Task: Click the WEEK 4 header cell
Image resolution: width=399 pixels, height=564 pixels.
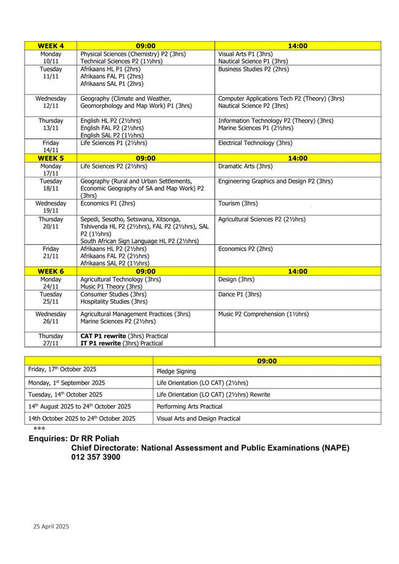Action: click(51, 45)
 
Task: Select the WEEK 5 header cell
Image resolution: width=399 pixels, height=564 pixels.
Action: click(51, 158)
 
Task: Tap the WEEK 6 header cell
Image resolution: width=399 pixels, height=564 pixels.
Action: click(51, 271)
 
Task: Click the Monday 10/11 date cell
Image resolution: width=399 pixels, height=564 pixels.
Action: click(51, 58)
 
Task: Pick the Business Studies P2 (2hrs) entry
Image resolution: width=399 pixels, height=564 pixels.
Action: click(253, 69)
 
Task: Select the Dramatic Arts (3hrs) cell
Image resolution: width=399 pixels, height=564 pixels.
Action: click(246, 166)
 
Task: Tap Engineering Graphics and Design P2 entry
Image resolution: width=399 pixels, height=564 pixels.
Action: click(275, 181)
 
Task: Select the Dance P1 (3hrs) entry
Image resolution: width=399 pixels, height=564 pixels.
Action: click(240, 295)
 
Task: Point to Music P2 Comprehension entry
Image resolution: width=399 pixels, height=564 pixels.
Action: click(263, 314)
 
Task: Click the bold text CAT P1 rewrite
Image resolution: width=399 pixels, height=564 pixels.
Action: click(103, 336)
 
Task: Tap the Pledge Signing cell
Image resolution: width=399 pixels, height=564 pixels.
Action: click(177, 371)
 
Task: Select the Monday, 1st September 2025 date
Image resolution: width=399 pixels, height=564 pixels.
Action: click(67, 383)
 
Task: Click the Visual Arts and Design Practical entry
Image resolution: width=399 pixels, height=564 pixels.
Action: click(199, 419)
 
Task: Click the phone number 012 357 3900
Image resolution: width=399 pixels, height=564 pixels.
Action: click(96, 457)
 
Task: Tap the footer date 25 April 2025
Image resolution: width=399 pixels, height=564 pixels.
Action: click(51, 526)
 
